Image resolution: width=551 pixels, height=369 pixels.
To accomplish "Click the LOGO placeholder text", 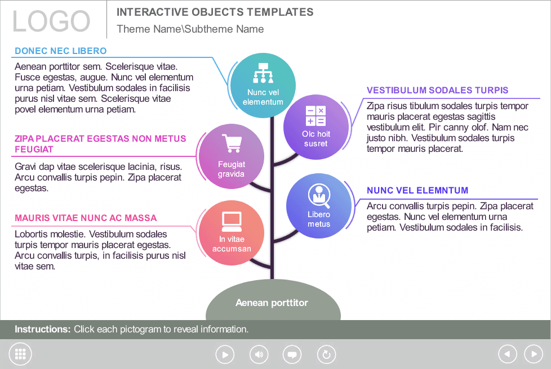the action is pyautogui.click(x=51, y=21).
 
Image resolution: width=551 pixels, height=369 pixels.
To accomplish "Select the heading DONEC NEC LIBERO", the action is pyautogui.click(x=60, y=51).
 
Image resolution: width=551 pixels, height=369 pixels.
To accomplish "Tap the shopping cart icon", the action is pyautogui.click(x=232, y=143).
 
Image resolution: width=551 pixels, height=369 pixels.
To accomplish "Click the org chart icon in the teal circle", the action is pyautogui.click(x=263, y=73).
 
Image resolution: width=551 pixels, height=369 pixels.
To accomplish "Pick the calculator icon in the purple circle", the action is pyautogui.click(x=316, y=116).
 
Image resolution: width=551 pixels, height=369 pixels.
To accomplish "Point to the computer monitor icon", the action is pyautogui.click(x=232, y=222).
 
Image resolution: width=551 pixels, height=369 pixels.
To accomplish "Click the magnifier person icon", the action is pyautogui.click(x=319, y=196).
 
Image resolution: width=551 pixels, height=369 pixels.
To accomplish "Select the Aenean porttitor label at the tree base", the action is pyautogui.click(x=272, y=303).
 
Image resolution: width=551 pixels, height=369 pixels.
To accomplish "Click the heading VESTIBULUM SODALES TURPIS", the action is pyautogui.click(x=438, y=90).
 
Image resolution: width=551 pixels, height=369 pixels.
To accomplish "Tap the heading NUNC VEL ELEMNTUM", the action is pyautogui.click(x=417, y=191).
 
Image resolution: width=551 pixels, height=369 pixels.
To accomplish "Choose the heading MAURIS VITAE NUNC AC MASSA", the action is pyautogui.click(x=86, y=218).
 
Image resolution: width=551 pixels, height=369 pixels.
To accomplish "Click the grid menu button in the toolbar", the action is pyautogui.click(x=20, y=354).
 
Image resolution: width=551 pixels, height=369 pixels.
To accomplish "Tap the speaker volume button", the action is pyautogui.click(x=259, y=354).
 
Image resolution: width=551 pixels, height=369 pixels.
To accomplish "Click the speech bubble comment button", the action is pyautogui.click(x=292, y=354).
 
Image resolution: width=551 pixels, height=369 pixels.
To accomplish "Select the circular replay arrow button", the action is pyautogui.click(x=326, y=354).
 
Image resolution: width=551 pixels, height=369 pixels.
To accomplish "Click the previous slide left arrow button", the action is pyautogui.click(x=508, y=354).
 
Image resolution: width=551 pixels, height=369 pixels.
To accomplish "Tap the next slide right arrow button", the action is pyautogui.click(x=534, y=354).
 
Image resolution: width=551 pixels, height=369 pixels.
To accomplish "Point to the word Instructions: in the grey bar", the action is pyautogui.click(x=43, y=330).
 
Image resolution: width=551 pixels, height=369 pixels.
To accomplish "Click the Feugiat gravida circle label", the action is pyautogui.click(x=231, y=169).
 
